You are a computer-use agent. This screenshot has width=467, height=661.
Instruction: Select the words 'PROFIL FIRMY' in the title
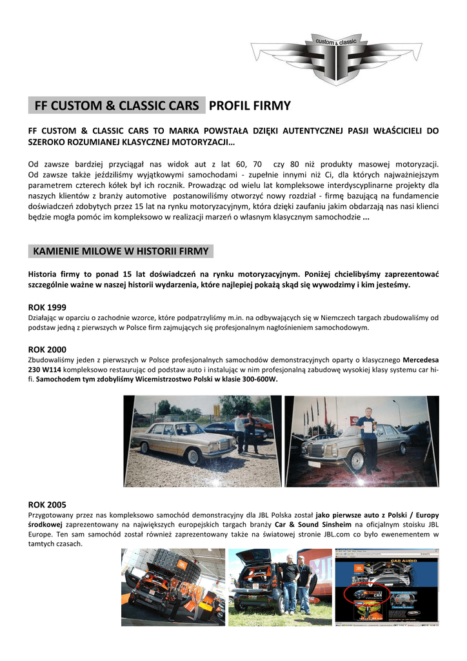click(x=250, y=105)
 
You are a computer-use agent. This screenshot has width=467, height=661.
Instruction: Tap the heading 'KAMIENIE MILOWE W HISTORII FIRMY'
click(x=121, y=250)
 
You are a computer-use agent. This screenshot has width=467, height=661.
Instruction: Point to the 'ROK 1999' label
click(x=47, y=307)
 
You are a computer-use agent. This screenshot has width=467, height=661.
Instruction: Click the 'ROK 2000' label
click(x=47, y=349)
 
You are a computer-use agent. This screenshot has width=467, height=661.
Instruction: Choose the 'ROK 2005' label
click(x=47, y=504)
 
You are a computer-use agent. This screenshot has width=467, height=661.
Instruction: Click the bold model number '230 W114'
click(x=46, y=370)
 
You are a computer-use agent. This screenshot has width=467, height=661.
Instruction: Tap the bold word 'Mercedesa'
click(x=421, y=360)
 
